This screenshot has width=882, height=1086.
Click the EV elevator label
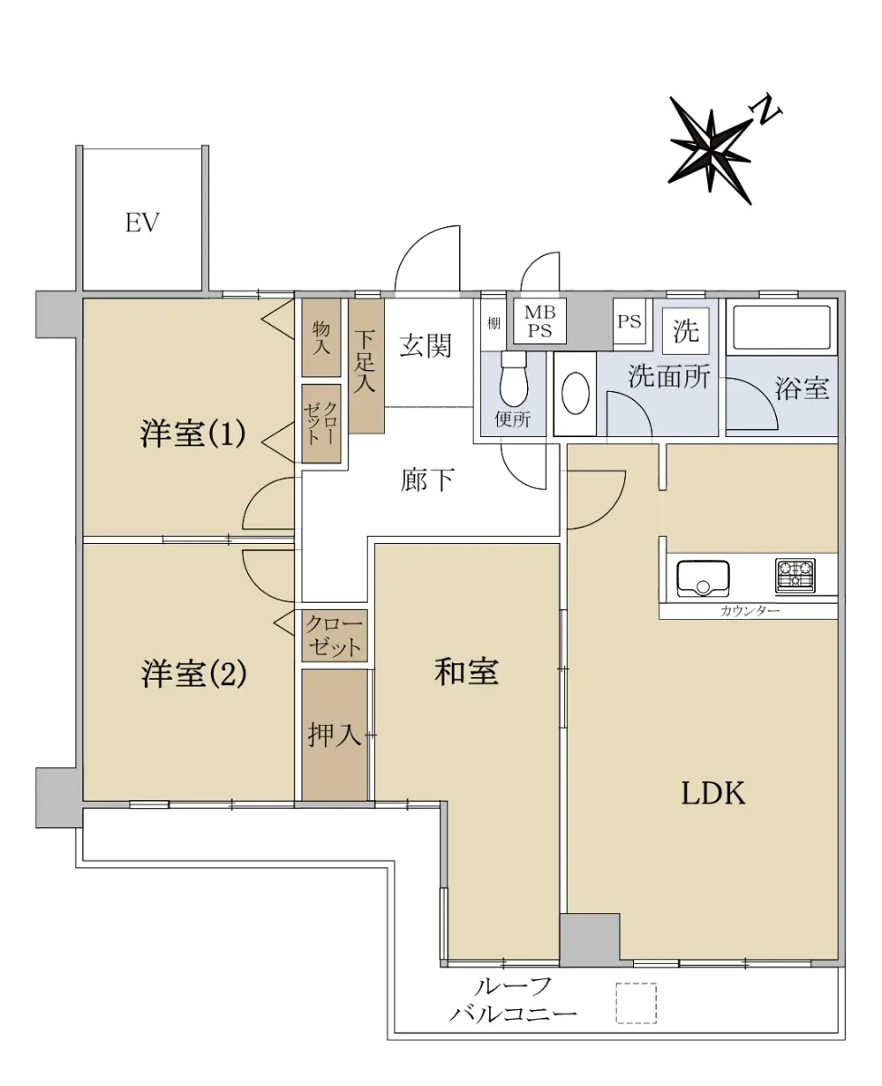pyautogui.click(x=142, y=223)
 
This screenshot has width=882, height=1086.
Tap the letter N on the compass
pyautogui.click(x=765, y=110)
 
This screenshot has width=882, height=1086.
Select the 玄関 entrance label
pyautogui.click(x=426, y=347)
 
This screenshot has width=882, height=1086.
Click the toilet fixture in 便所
pyautogui.click(x=513, y=377)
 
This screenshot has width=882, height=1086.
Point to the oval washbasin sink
pyautogui.click(x=575, y=393)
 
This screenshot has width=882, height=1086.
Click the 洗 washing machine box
pyautogui.click(x=685, y=331)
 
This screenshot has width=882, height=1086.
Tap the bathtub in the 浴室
pyautogui.click(x=781, y=327)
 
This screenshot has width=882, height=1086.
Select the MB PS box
pyautogui.click(x=540, y=321)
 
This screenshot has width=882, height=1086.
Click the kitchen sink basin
pyautogui.click(x=703, y=578)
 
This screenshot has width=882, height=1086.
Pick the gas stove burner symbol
pyautogui.click(x=795, y=576)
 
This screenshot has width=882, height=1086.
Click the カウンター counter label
pyautogui.click(x=750, y=611)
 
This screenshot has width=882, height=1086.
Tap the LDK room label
pyautogui.click(x=713, y=794)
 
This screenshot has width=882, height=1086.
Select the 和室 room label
pyautogui.click(x=466, y=672)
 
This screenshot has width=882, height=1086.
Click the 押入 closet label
pyautogui.click(x=334, y=735)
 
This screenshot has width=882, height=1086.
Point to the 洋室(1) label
pyautogui.click(x=193, y=433)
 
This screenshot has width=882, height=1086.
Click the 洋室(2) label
pyautogui.click(x=194, y=673)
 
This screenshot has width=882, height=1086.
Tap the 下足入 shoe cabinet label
pyautogui.click(x=364, y=361)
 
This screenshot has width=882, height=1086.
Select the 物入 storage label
pyautogui.click(x=321, y=338)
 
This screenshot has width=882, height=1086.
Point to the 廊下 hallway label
pyautogui.click(x=427, y=480)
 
